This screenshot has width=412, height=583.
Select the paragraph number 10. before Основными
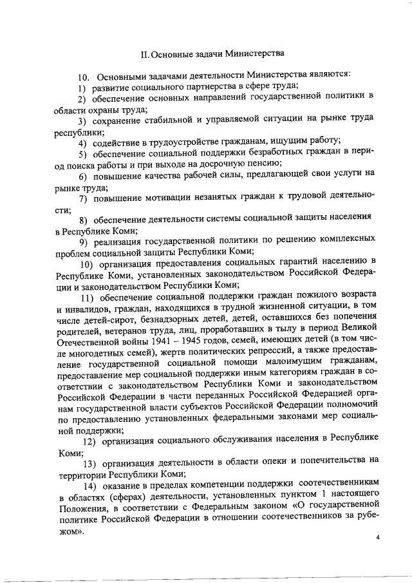(83, 75)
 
